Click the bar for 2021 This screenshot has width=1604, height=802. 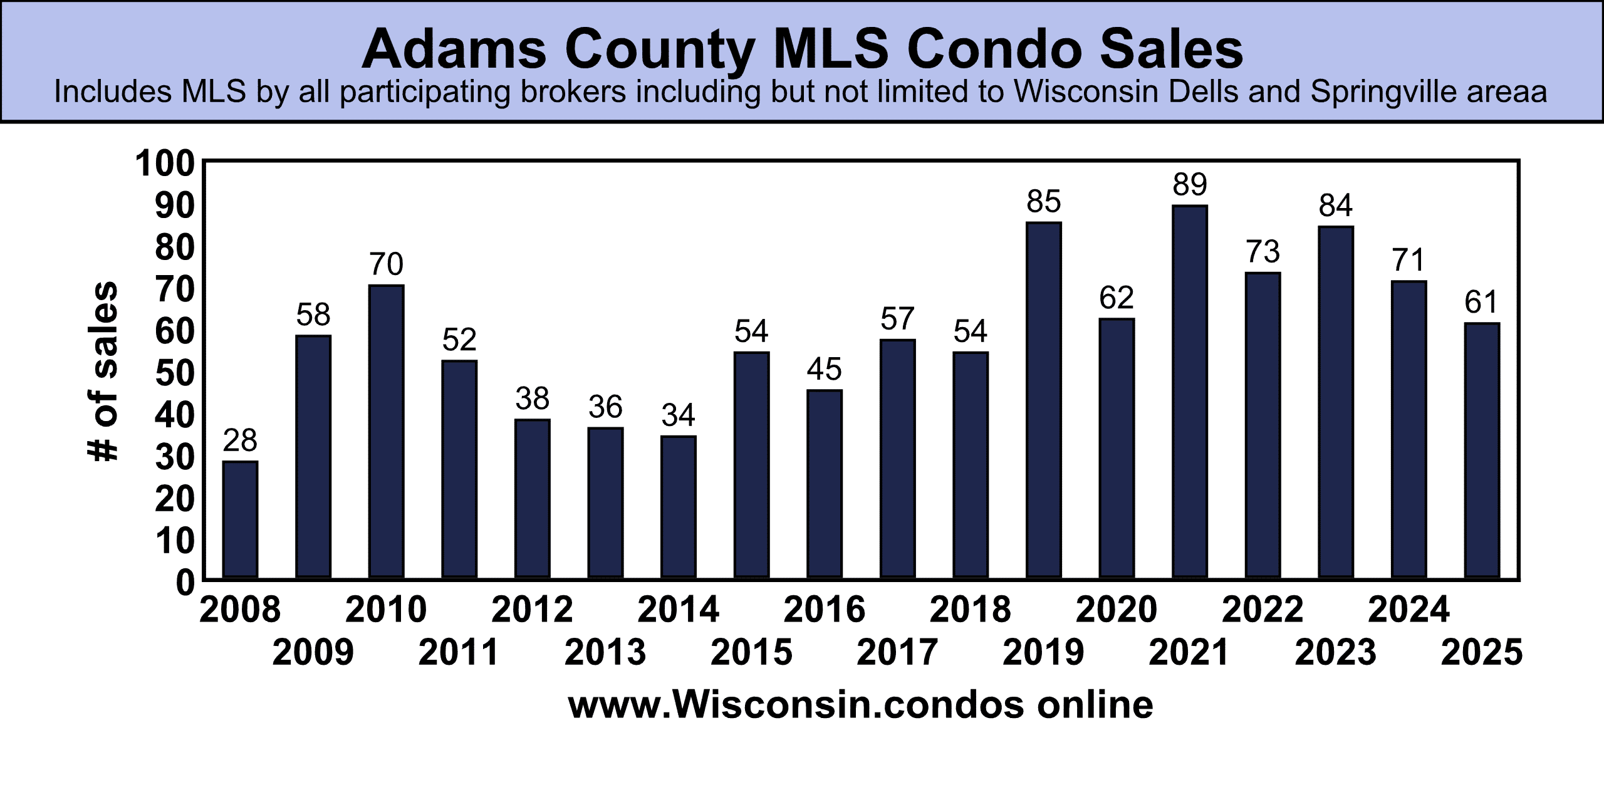click(1189, 391)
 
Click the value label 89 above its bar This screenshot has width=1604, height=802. click(1189, 185)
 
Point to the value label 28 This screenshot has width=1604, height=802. click(240, 440)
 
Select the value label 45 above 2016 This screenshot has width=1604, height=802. click(824, 369)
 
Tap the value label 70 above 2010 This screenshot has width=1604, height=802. click(386, 264)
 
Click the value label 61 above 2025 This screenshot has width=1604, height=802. click(1481, 302)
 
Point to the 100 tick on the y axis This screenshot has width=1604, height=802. click(165, 164)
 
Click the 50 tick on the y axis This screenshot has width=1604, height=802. click(175, 373)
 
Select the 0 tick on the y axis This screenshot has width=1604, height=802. click(185, 583)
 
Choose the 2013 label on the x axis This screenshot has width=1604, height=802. click(605, 652)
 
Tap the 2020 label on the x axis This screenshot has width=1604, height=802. click(1116, 610)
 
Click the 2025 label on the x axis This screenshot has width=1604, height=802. click(1481, 652)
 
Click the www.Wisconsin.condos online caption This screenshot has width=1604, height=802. click(860, 705)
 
